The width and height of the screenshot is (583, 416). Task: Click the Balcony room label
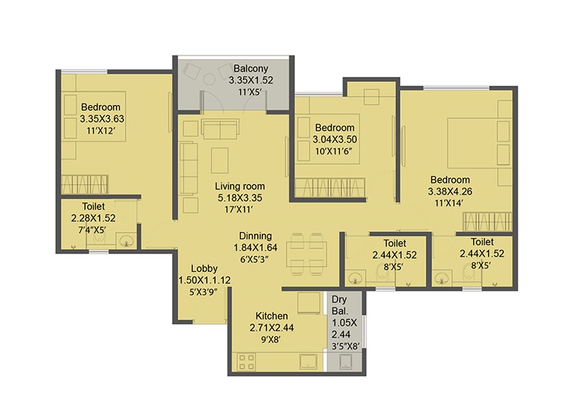(250, 69)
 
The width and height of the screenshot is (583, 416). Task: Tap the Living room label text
(240, 186)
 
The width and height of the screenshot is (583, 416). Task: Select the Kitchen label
(271, 316)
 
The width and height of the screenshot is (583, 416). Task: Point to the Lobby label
(204, 268)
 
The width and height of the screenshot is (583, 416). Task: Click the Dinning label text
(255, 236)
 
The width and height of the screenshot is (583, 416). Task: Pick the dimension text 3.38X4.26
(450, 191)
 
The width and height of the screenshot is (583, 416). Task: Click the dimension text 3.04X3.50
(335, 140)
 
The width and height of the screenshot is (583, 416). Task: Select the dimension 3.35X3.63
(102, 119)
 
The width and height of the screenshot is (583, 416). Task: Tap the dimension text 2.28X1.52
(93, 218)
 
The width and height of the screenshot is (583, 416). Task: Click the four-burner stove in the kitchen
(247, 363)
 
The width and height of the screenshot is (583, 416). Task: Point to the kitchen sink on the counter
(309, 362)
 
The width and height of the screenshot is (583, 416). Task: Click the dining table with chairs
(307, 254)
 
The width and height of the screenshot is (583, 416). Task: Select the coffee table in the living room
(219, 160)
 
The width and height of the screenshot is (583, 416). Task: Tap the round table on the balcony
(210, 79)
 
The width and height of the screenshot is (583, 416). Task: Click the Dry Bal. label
(339, 305)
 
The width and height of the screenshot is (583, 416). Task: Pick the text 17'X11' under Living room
(239, 209)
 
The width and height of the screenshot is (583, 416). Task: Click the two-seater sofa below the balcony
(220, 129)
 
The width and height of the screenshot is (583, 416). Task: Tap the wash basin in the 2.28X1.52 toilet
(127, 241)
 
